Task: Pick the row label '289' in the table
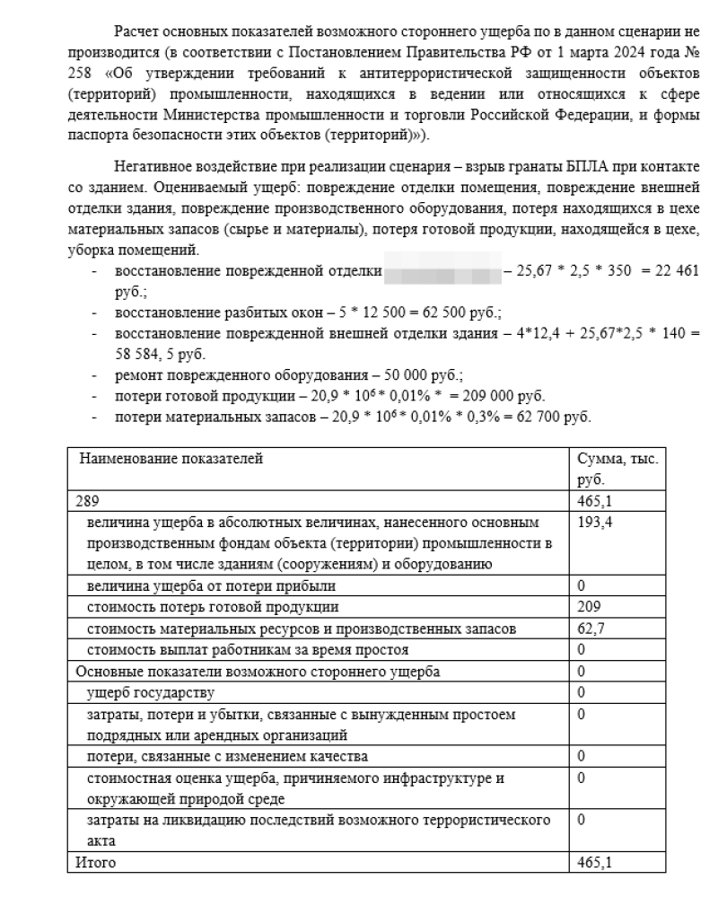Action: click(87, 501)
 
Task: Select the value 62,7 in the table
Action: click(590, 627)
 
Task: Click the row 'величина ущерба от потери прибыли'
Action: click(211, 585)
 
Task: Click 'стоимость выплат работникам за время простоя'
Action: click(248, 648)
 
